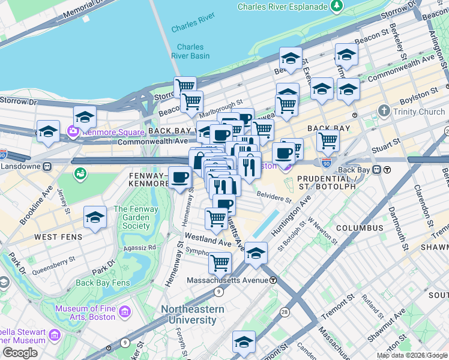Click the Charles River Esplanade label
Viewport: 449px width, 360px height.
pyautogui.click(x=283, y=7)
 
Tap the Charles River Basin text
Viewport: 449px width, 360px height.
pyautogui.click(x=190, y=52)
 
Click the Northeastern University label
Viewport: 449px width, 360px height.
pyautogui.click(x=193, y=315)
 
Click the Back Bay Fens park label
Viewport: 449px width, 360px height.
pyautogui.click(x=103, y=283)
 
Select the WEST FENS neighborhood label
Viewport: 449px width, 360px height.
pyautogui.click(x=55, y=238)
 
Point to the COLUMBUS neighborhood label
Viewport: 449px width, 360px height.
pyautogui.click(x=360, y=229)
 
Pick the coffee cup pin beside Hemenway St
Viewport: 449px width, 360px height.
pyautogui.click(x=179, y=177)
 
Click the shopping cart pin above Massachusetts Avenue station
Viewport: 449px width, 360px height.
pyautogui.click(x=220, y=262)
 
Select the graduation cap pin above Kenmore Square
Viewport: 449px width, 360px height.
pyautogui.click(x=85, y=116)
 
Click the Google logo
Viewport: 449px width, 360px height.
pyautogui.click(x=20, y=353)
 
